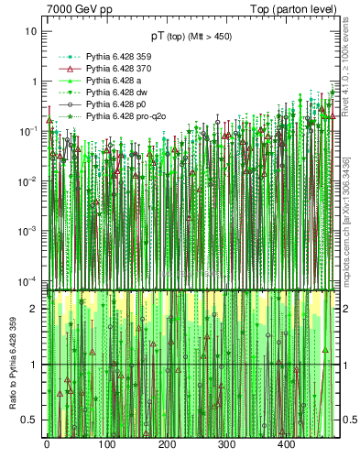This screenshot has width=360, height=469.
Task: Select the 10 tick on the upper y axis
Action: tap(30, 31)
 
